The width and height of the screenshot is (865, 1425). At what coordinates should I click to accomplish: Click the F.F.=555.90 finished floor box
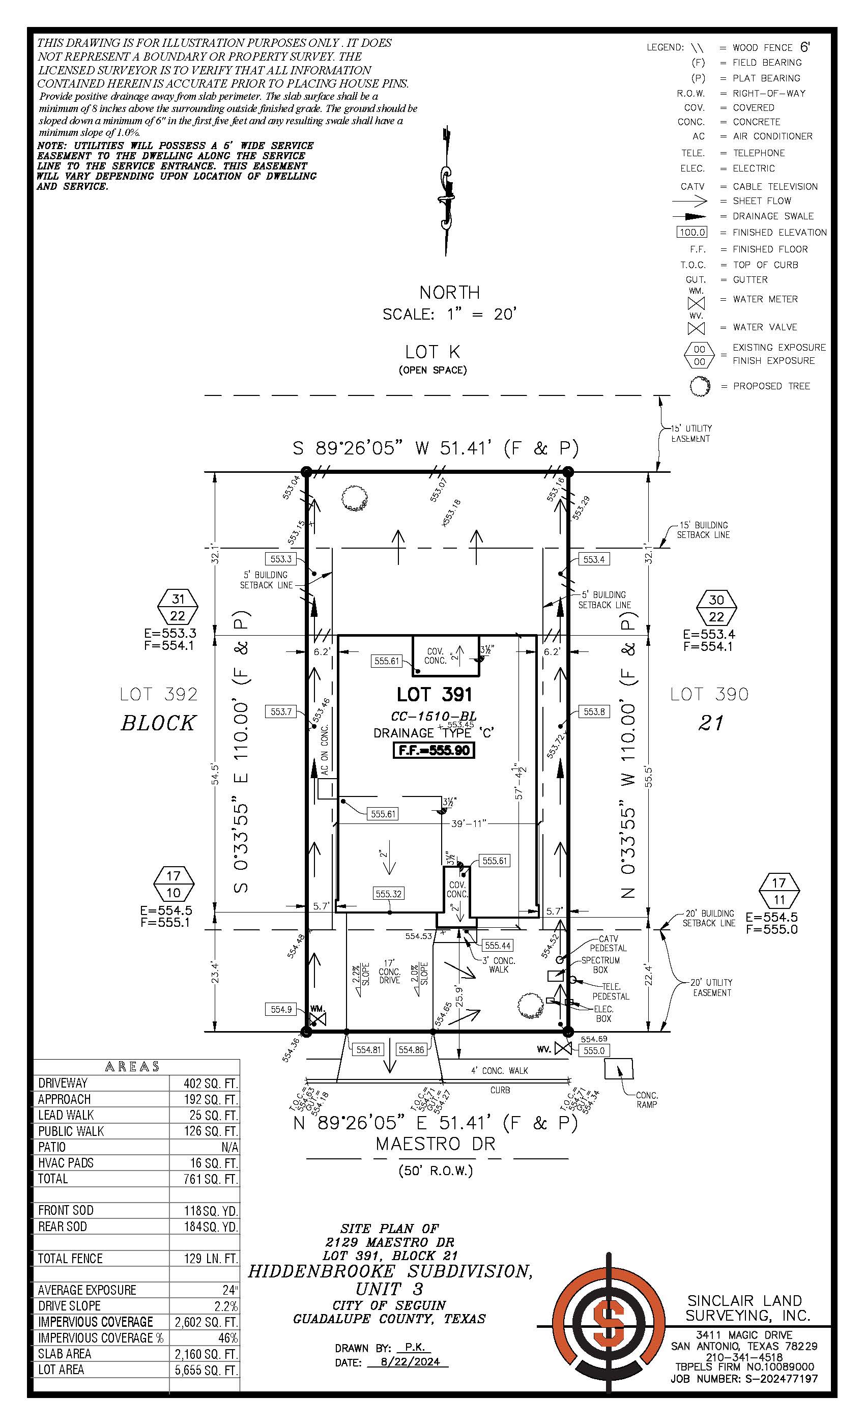point(434,751)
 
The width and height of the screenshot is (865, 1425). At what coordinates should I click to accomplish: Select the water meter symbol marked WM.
point(318,1017)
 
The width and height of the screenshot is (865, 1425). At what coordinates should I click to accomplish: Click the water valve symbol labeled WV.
point(563,1048)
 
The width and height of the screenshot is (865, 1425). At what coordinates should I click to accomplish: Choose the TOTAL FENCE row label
point(70,1259)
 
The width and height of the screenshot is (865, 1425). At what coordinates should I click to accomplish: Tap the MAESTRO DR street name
point(436,1144)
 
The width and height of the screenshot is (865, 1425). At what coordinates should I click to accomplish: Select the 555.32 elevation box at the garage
point(389,894)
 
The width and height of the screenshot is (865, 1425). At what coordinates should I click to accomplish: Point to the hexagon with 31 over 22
point(178,607)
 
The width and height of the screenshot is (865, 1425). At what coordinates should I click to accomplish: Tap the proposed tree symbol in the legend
point(700,386)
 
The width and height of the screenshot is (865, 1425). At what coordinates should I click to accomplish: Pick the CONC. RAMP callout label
point(646,1099)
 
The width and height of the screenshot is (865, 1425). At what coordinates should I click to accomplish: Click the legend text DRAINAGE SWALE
point(772,216)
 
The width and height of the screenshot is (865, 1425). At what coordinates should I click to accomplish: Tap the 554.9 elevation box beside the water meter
point(281,1009)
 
